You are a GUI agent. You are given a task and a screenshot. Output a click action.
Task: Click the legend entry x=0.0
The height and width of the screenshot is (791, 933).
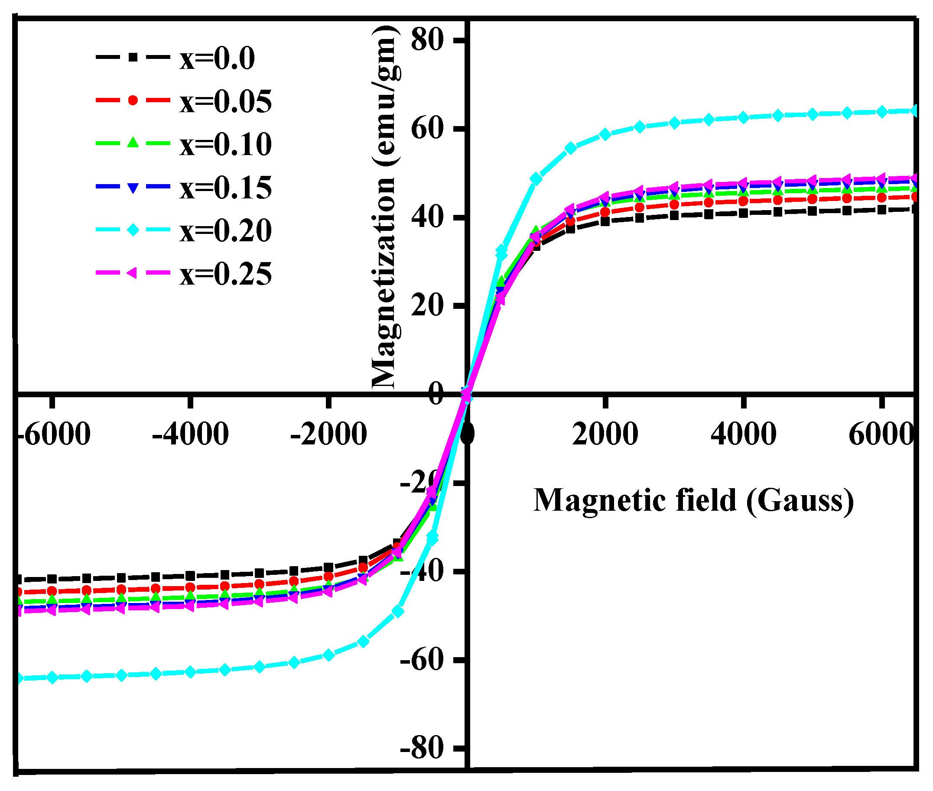pyautogui.click(x=217, y=58)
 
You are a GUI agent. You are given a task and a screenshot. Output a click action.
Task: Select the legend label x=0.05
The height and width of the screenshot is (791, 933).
pyautogui.click(x=226, y=101)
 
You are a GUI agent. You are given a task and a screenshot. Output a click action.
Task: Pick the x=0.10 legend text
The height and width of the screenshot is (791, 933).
pyautogui.click(x=226, y=144)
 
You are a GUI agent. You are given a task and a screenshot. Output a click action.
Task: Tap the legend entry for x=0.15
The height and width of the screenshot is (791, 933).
pyautogui.click(x=226, y=188)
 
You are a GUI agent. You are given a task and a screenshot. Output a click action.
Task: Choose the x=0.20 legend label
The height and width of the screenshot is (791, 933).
pyautogui.click(x=226, y=230)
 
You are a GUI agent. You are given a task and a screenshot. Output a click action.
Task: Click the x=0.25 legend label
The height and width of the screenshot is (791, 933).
pyautogui.click(x=226, y=273)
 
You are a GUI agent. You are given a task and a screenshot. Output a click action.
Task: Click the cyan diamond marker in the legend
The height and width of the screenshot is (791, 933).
pyautogui.click(x=133, y=230)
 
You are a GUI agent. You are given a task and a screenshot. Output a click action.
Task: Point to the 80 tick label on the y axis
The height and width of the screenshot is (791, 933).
pyautogui.click(x=426, y=40)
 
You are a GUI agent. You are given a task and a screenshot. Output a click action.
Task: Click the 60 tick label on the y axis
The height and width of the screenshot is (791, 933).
pyautogui.click(x=426, y=129)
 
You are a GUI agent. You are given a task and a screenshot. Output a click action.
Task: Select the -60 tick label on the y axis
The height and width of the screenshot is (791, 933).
pyautogui.click(x=422, y=660)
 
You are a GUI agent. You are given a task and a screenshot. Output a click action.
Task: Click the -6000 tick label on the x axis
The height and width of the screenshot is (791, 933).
pyautogui.click(x=54, y=434)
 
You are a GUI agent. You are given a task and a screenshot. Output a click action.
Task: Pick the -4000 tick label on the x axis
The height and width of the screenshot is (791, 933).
pyautogui.click(x=191, y=434)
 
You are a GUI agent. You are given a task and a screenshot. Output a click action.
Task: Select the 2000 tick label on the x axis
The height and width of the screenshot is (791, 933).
pyautogui.click(x=605, y=434)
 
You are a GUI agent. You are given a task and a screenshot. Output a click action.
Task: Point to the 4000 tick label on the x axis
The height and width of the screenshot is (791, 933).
pyautogui.click(x=743, y=434)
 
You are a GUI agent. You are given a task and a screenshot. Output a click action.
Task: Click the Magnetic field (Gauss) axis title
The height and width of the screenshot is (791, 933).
pyautogui.click(x=693, y=500)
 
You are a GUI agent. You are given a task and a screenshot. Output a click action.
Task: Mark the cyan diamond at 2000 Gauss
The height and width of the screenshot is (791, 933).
pyautogui.click(x=605, y=135)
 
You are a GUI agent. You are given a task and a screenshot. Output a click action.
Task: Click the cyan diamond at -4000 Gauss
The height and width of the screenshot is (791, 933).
pyautogui.click(x=191, y=672)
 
